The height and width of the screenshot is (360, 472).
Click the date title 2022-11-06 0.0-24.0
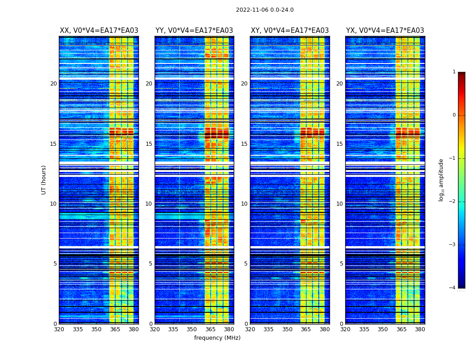click(x=265, y=10)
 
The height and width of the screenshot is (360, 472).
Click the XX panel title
click(x=99, y=31)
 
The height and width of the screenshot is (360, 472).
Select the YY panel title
click(x=194, y=31)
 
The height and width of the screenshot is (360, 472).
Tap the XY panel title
click(x=289, y=31)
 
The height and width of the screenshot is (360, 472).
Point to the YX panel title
click(x=385, y=31)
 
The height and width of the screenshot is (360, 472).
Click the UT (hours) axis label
click(x=44, y=180)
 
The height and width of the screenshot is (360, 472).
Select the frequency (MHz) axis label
click(x=217, y=338)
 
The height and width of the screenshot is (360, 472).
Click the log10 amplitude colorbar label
click(x=441, y=180)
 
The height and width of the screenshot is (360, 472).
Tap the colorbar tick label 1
click(x=454, y=72)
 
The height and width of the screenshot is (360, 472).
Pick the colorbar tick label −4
click(x=453, y=288)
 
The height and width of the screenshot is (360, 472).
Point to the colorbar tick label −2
click(x=453, y=202)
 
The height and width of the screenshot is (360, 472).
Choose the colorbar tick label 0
click(x=454, y=115)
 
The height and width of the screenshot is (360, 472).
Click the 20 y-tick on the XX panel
click(x=53, y=84)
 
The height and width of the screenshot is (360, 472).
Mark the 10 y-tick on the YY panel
click(x=149, y=204)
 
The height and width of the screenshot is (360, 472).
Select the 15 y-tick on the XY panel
click(x=244, y=144)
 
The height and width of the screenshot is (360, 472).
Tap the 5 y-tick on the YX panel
click(x=341, y=264)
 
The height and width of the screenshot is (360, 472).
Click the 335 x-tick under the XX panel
click(x=78, y=329)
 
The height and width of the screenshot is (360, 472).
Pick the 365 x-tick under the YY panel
click(x=210, y=329)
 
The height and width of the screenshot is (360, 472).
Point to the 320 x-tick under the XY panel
click(x=250, y=329)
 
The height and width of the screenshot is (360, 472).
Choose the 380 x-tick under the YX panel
click(x=420, y=329)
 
